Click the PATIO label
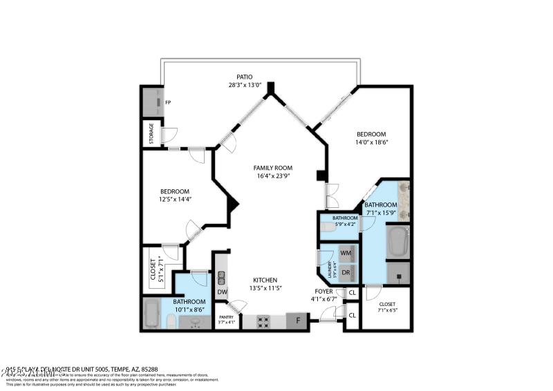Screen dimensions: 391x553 click(x=244, y=77)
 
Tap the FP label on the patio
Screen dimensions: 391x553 click(x=167, y=102)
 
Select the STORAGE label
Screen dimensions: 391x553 click(x=150, y=134)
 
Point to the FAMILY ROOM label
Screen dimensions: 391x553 click(x=272, y=168)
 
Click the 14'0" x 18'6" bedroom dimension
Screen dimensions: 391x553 click(x=371, y=142)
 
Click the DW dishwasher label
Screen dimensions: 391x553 click(x=222, y=292)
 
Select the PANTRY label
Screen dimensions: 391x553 click(x=227, y=317)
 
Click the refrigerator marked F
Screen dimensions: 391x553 click(x=298, y=321)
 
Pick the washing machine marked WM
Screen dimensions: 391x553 click(x=346, y=254)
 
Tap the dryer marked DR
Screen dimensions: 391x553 click(x=346, y=273)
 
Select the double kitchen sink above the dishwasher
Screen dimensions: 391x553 click(x=221, y=278)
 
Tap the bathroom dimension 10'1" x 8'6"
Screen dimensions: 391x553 click(x=189, y=309)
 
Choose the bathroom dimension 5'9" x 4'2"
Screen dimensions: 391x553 click(x=344, y=225)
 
